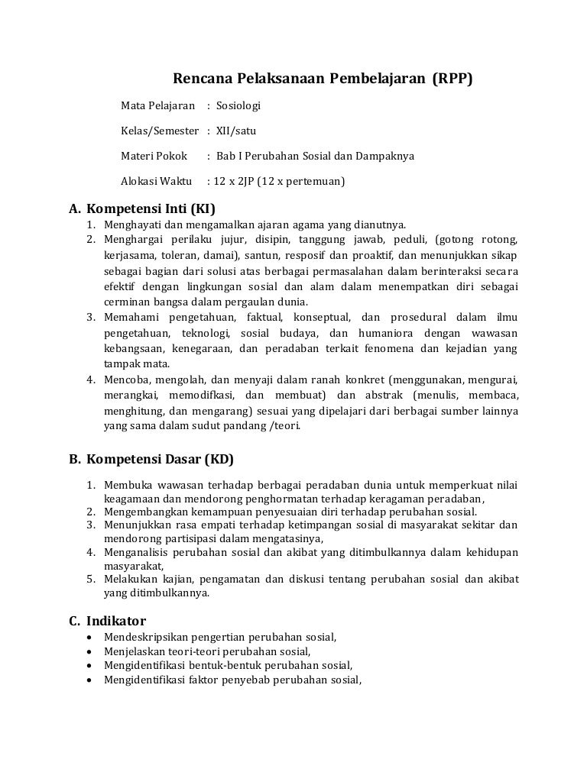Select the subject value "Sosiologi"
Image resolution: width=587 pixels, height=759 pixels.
[239, 105]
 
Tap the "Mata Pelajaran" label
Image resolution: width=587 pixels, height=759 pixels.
[158, 105]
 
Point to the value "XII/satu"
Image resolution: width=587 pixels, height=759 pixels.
[236, 131]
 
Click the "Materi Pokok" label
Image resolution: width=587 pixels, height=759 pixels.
[154, 156]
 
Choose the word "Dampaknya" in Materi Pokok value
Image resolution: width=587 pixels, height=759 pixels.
[387, 156]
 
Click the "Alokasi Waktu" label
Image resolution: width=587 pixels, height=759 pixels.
[156, 182]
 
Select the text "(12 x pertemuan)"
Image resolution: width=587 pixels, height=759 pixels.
[301, 182]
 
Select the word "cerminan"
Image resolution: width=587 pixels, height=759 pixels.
[125, 301]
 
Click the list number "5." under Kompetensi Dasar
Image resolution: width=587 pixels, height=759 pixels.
[89, 579]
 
